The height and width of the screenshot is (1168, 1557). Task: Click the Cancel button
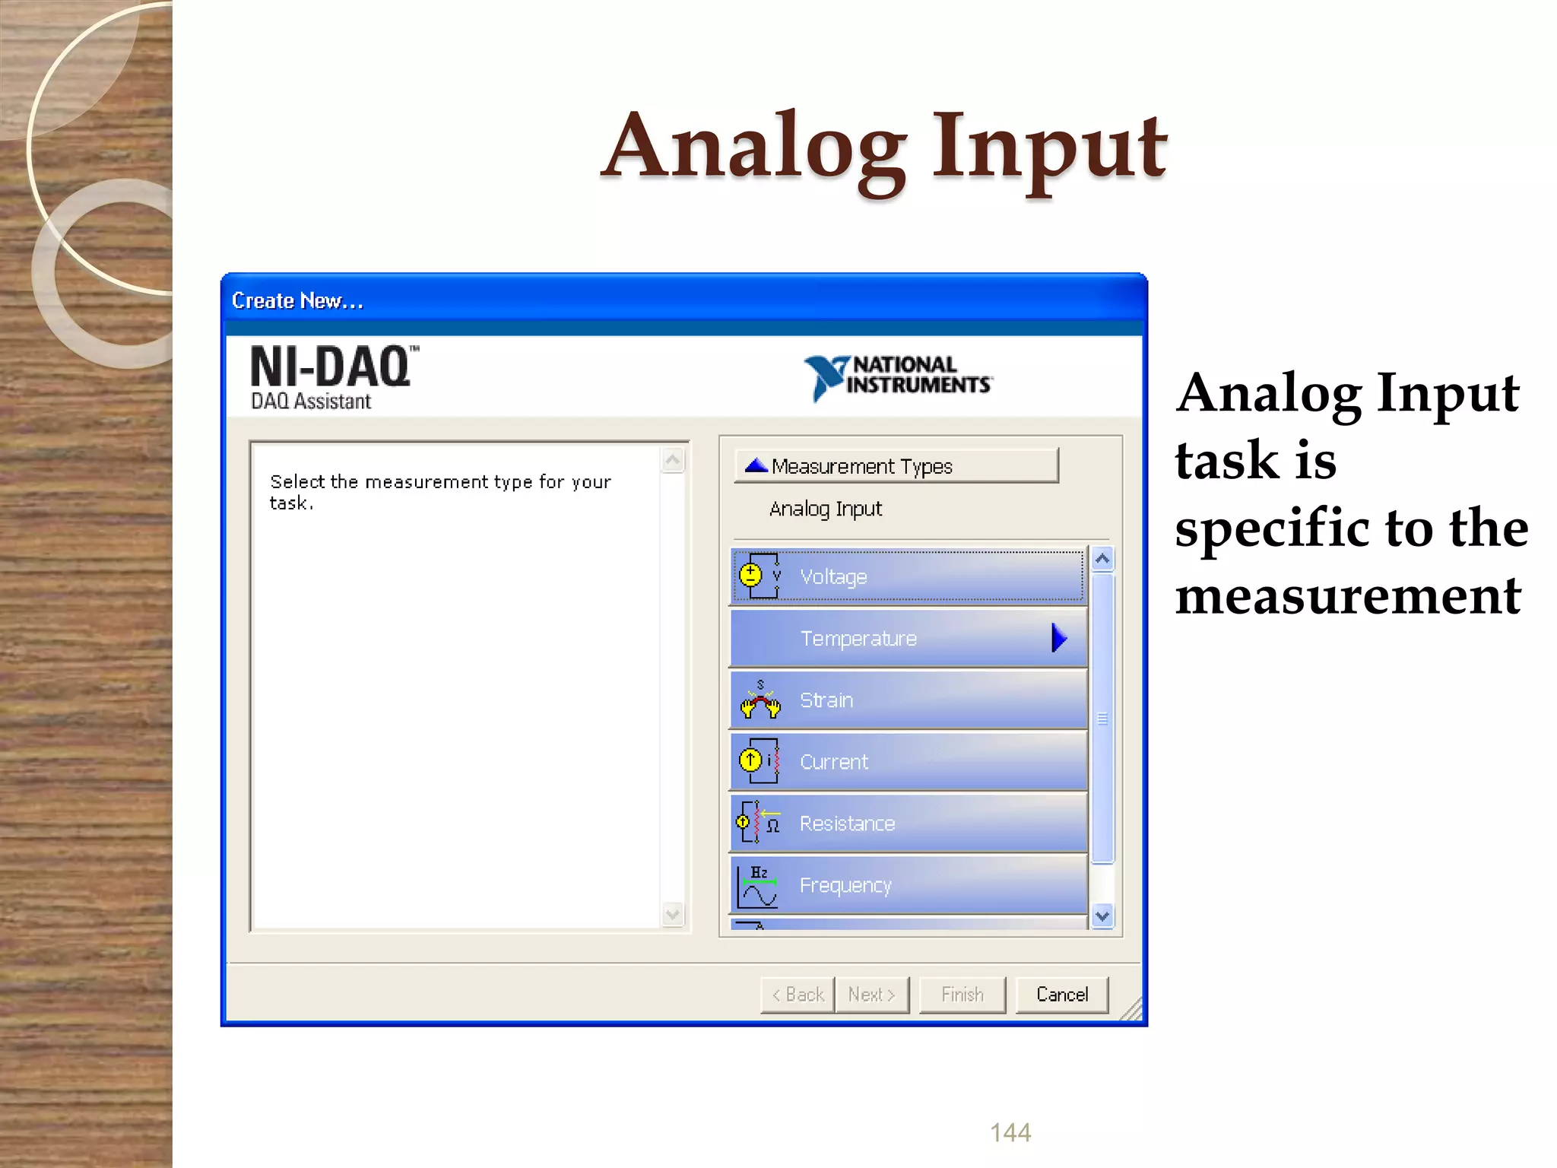[x=1061, y=995]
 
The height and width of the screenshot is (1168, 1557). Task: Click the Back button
[x=798, y=995]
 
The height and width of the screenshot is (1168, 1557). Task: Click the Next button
[x=871, y=995]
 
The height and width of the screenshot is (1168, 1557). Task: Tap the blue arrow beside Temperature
[x=1059, y=638]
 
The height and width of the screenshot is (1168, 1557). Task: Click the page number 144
[x=1010, y=1132]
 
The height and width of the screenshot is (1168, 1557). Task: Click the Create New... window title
[x=297, y=301]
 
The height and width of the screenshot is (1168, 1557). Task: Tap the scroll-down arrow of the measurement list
[x=1102, y=916]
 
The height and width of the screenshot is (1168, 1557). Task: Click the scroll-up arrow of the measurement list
[x=1102, y=560]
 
